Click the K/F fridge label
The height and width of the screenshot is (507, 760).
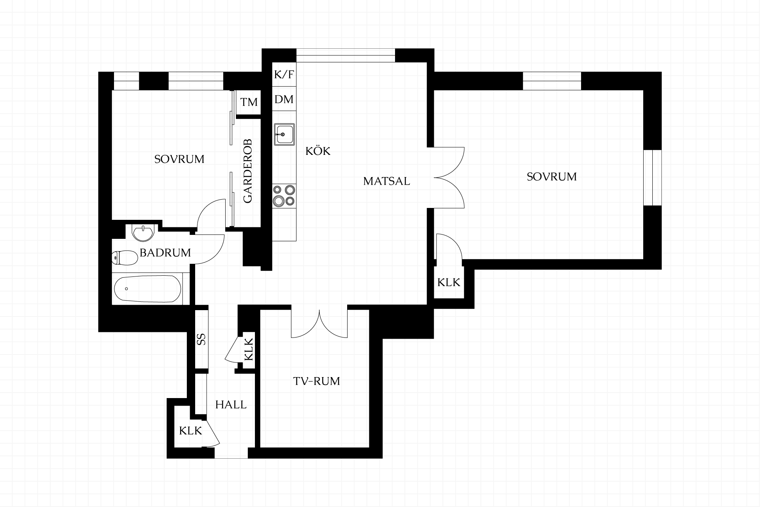click(284, 74)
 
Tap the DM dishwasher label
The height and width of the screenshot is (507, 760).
click(284, 99)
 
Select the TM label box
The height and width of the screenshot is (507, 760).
click(249, 102)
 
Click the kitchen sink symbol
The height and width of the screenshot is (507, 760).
click(284, 134)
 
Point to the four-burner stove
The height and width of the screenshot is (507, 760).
click(284, 196)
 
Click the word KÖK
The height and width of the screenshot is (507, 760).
click(318, 151)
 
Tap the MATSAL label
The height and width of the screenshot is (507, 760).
click(386, 181)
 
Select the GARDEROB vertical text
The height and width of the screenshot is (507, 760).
click(248, 171)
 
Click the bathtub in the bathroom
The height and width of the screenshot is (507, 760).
click(147, 289)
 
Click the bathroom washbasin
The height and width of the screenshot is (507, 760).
click(142, 233)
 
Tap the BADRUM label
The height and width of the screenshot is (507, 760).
click(165, 253)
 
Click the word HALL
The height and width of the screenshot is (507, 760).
click(231, 404)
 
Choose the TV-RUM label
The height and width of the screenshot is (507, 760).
click(317, 381)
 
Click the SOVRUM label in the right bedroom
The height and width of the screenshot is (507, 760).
click(552, 176)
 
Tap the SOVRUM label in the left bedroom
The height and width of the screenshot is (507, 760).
click(179, 159)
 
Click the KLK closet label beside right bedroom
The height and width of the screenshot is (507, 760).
click(449, 282)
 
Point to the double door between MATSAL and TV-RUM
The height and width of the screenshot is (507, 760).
click(319, 323)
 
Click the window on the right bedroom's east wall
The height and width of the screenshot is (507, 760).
click(652, 177)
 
